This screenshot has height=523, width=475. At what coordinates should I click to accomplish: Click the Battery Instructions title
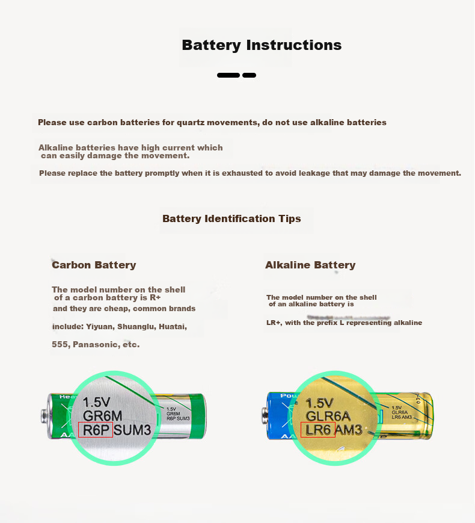click(x=262, y=45)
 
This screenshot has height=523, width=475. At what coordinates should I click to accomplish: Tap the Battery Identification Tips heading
click(x=231, y=218)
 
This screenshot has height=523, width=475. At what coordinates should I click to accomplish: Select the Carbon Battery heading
click(x=94, y=265)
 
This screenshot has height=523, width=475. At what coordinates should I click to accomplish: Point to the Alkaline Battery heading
click(x=310, y=265)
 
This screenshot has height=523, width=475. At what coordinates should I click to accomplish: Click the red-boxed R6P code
click(x=96, y=430)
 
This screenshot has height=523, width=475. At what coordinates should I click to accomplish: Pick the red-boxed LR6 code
click(x=318, y=430)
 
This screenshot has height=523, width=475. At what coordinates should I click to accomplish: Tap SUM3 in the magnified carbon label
click(x=132, y=430)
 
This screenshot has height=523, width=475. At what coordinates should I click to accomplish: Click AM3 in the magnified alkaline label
click(x=348, y=430)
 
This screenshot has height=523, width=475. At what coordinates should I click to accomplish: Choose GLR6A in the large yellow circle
click(x=328, y=416)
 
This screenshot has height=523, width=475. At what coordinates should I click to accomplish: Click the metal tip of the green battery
click(x=44, y=416)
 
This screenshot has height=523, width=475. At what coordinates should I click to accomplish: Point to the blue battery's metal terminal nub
click(x=265, y=416)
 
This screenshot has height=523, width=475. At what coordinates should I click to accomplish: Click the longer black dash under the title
click(x=228, y=75)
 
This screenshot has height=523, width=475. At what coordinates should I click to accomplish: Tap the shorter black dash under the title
click(x=250, y=75)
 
